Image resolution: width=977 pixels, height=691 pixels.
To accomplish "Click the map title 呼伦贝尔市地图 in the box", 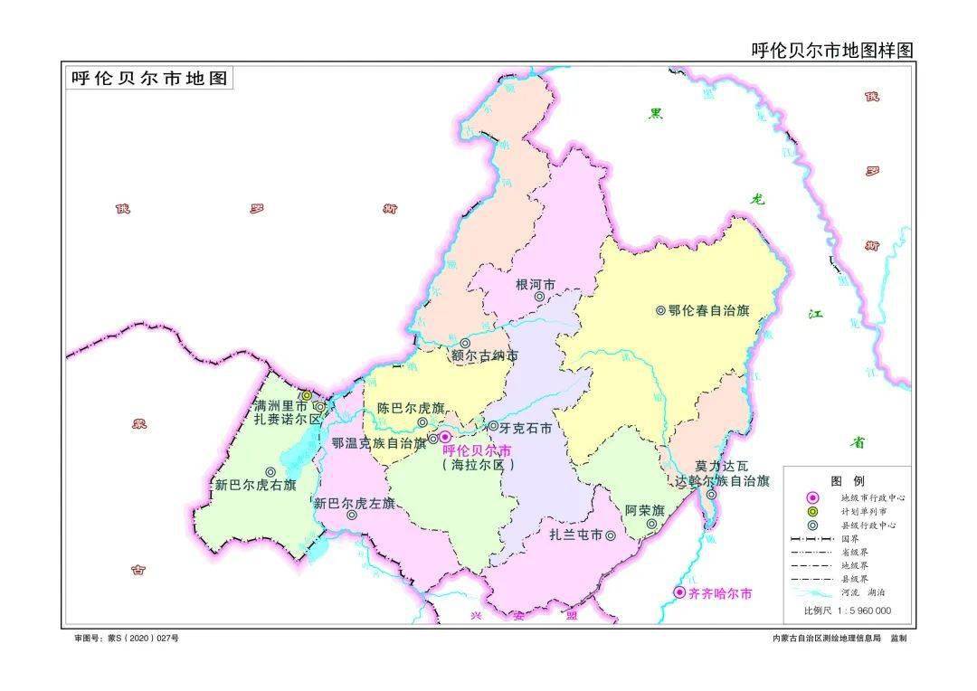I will point(150,79).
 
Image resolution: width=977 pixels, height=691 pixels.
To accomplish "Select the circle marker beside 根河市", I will point(539,296).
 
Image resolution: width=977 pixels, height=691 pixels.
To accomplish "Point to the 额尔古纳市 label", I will point(486,355).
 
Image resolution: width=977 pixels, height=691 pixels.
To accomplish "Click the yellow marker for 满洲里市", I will point(307,395).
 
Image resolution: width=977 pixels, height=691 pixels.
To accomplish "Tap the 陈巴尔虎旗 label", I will point(411,408).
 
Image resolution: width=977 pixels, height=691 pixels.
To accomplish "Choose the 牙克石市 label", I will point(526,428).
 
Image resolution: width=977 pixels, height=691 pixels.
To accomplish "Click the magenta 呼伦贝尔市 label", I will point(477,450).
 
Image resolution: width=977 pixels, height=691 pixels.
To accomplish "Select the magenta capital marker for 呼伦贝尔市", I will point(445,437).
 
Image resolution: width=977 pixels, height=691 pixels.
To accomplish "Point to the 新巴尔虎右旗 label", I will point(255,485).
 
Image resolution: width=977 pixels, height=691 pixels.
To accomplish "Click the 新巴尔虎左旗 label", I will point(355,503).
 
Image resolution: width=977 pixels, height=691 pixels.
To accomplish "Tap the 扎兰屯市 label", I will point(576,535).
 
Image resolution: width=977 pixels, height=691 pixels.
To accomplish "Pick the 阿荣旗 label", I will point(645,509).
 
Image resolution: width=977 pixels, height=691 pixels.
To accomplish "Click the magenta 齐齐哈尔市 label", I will point(720,594).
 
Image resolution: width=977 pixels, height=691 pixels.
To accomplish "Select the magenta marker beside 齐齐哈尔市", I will point(679,593).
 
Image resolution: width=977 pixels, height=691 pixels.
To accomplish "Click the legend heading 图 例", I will point(848,481).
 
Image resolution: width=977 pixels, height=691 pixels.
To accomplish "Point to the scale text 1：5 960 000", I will point(860,611).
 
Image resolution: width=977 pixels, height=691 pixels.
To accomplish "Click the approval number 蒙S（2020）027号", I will point(140,639).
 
